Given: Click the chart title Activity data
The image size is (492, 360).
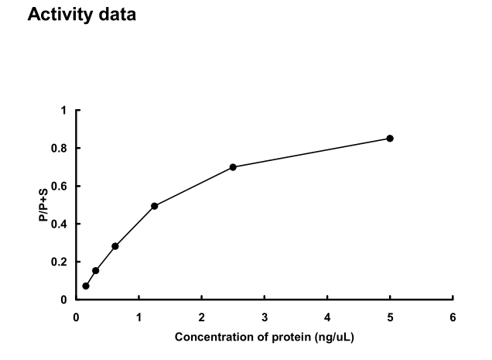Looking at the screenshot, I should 82,15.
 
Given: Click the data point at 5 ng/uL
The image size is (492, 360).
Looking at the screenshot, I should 390,139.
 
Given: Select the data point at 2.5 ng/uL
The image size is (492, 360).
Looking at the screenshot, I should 233,167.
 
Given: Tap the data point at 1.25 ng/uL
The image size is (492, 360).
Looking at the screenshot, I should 155,206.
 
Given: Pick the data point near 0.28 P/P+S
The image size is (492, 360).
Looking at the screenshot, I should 115,246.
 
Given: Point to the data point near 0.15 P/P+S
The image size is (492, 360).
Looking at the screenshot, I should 96,270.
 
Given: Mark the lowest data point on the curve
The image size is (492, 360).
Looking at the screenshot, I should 86,286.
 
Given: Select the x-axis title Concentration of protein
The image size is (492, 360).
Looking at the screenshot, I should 265,338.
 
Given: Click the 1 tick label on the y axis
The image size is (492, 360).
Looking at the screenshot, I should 64,110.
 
